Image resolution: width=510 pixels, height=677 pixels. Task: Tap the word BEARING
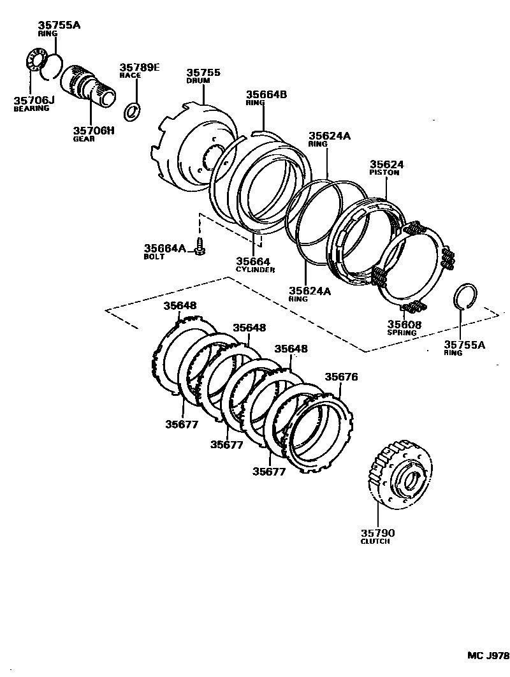click(x=31, y=108)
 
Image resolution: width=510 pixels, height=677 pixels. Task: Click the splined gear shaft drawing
click(x=89, y=85)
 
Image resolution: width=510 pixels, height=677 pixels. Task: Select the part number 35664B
click(x=266, y=94)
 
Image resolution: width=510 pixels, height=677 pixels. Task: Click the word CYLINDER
click(x=255, y=270)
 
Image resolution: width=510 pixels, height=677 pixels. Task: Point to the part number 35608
click(x=404, y=324)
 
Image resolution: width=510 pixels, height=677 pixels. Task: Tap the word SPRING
click(x=402, y=333)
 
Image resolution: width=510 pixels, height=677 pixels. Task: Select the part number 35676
click(x=341, y=377)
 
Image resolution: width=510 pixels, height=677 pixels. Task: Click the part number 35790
click(x=377, y=532)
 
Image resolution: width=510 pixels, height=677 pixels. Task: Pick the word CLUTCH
click(x=375, y=541)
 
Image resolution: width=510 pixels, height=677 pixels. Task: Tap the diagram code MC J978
click(x=488, y=655)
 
